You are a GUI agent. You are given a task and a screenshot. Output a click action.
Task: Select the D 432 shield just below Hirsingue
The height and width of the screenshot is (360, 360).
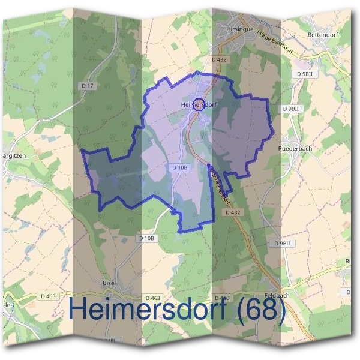pyautogui.click(x=220, y=60)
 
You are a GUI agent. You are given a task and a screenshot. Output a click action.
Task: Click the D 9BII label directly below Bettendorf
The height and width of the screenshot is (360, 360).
pyautogui.click(x=305, y=73)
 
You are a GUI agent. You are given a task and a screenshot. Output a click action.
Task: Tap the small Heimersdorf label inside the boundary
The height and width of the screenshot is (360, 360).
pyautogui.click(x=198, y=104)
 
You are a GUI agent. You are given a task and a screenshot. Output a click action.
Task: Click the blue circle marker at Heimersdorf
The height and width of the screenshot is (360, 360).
pyautogui.click(x=200, y=104)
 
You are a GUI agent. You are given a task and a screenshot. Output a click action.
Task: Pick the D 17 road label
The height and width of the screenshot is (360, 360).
pyautogui.click(x=88, y=86)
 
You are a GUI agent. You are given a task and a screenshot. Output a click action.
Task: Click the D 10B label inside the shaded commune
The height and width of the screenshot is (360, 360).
pyautogui.click(x=180, y=167)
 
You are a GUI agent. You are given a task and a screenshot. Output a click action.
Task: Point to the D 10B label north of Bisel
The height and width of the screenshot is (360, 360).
pyautogui.click(x=146, y=238)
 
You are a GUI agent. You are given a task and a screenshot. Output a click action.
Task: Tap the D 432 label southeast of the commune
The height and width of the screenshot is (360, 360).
pyautogui.click(x=233, y=212)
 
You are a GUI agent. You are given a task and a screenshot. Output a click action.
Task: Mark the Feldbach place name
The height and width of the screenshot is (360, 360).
pyautogui.click(x=277, y=295)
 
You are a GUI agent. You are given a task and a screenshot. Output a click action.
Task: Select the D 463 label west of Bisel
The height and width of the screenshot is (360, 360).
pyautogui.click(x=49, y=296)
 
